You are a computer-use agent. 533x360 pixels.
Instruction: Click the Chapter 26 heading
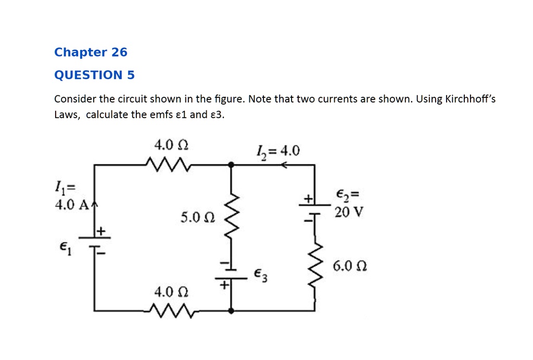tap(91, 53)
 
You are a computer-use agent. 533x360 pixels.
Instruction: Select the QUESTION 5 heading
tap(94, 75)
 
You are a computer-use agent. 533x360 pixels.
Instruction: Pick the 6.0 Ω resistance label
tap(350, 267)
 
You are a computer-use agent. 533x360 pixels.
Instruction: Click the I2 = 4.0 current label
tap(278, 151)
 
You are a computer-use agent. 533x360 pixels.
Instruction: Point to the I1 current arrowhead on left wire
tap(94, 204)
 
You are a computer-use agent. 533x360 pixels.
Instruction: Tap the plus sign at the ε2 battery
tap(308, 198)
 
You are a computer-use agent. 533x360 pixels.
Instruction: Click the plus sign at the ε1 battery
tap(101, 230)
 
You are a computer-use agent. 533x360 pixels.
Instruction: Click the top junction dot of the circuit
tap(231, 164)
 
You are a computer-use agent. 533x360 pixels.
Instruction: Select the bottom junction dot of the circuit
tap(231, 311)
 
